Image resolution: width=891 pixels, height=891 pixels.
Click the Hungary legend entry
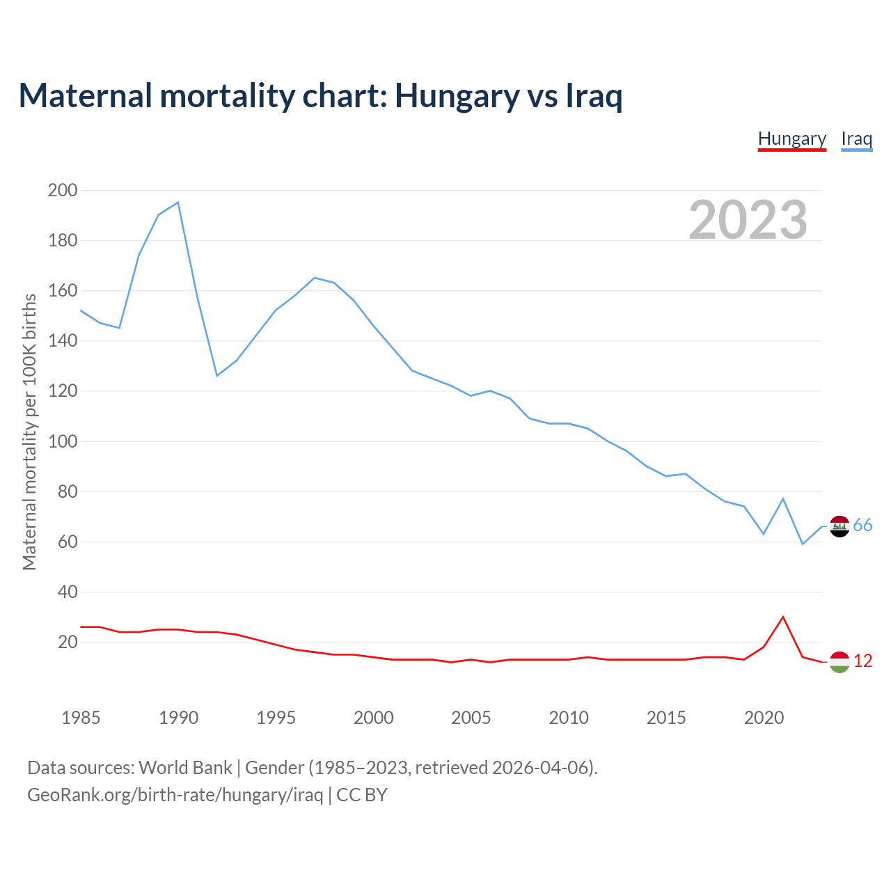pyautogui.click(x=791, y=139)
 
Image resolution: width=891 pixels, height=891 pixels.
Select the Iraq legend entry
pyautogui.click(x=856, y=139)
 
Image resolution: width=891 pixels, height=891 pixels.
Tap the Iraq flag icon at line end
pyautogui.click(x=839, y=526)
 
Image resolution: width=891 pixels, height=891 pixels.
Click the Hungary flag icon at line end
pyautogui.click(x=839, y=662)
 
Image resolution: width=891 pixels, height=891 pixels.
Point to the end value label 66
pyautogui.click(x=862, y=526)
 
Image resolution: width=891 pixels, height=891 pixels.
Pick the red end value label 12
pyautogui.click(x=862, y=661)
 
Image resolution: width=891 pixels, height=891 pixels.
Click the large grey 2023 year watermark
pyautogui.click(x=748, y=220)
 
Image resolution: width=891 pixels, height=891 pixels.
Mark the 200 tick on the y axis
pyautogui.click(x=63, y=190)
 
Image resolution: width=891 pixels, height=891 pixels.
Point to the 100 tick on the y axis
pyautogui.click(x=63, y=441)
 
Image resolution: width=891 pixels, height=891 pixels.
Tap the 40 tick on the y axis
pyautogui.click(x=67, y=592)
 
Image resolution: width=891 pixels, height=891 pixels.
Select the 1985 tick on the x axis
pyautogui.click(x=81, y=718)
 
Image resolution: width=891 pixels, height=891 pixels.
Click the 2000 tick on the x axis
pyautogui.click(x=373, y=718)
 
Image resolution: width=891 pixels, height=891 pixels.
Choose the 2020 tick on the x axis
pyautogui.click(x=764, y=718)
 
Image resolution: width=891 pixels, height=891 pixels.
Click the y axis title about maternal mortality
pyautogui.click(x=29, y=432)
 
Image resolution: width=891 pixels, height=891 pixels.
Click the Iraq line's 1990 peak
pyautogui.click(x=178, y=203)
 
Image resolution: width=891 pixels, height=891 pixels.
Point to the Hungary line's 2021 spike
pyautogui.click(x=783, y=617)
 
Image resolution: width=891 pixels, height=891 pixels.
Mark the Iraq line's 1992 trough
pyautogui.click(x=217, y=376)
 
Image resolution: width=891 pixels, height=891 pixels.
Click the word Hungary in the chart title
pyautogui.click(x=457, y=96)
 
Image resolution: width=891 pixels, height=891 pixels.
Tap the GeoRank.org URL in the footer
pyautogui.click(x=175, y=795)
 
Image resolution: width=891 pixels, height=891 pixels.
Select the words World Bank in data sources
pyautogui.click(x=185, y=768)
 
